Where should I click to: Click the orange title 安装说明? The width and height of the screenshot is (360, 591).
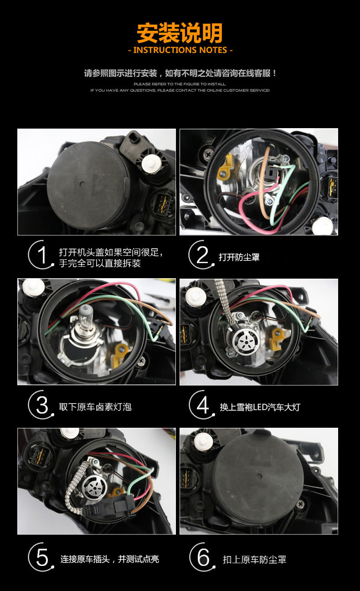point(180,33)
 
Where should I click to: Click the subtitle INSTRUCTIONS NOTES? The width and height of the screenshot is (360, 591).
point(180,50)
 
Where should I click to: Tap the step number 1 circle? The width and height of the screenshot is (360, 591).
point(41,254)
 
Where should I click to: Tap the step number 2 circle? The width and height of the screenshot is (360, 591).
point(202,254)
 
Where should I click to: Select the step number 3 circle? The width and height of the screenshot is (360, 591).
point(41,404)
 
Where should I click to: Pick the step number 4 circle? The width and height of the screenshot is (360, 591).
point(202,404)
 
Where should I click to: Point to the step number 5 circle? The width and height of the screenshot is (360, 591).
point(41,557)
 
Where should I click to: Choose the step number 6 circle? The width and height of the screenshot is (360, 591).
point(202,557)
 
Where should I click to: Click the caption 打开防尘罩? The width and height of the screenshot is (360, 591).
point(239,257)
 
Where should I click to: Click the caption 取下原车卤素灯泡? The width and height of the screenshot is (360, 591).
point(95,407)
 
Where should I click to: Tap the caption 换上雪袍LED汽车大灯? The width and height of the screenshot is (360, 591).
point(260,407)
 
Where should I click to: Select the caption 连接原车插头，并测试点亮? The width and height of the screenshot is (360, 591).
point(109,559)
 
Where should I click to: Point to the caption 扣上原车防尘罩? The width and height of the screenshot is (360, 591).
point(254,560)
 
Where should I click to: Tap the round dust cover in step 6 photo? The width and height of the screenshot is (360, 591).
point(258,477)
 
